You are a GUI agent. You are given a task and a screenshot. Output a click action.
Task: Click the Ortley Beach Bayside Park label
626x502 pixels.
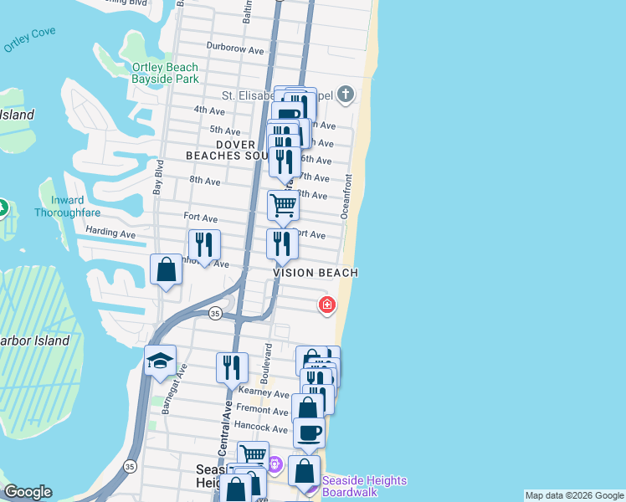pos(165,73)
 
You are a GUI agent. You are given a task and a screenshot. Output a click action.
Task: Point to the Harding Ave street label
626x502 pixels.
pos(110,233)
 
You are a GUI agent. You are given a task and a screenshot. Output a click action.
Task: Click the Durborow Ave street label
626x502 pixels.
pos(235,49)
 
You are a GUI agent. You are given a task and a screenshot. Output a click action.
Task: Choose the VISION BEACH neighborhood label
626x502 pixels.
pos(316,273)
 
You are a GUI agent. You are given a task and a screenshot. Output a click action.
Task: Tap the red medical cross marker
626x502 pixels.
pos(326,305)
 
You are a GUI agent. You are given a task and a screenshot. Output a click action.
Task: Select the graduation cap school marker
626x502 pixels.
pos(160,361)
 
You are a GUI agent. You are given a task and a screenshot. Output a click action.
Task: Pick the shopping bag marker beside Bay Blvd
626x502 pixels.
pos(166,270)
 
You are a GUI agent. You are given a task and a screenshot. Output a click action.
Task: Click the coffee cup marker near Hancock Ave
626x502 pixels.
pos(309,433)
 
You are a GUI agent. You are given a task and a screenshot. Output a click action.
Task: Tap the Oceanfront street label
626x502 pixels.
pos(346,197)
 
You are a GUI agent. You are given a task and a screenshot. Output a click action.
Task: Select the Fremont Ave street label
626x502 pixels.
pos(262,410)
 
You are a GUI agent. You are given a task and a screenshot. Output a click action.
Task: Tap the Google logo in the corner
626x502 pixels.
pos(28,492)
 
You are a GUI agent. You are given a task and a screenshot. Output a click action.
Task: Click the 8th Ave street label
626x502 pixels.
pos(205,181)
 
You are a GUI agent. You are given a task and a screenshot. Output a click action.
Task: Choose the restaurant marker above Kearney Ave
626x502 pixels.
pos(232,366)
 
